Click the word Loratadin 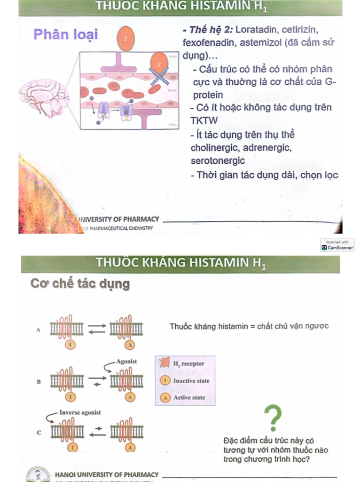[x=257, y=30]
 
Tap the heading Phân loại [x=65, y=34]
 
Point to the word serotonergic [x=218, y=161]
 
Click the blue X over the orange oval [x=159, y=74]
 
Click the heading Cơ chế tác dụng [x=80, y=284]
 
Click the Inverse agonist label [x=80, y=412]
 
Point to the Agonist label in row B [x=126, y=361]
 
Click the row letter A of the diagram [x=39, y=330]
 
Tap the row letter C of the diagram [x=39, y=432]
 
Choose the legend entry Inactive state [x=191, y=381]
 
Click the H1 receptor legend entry [x=188, y=364]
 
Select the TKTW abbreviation [x=204, y=120]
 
